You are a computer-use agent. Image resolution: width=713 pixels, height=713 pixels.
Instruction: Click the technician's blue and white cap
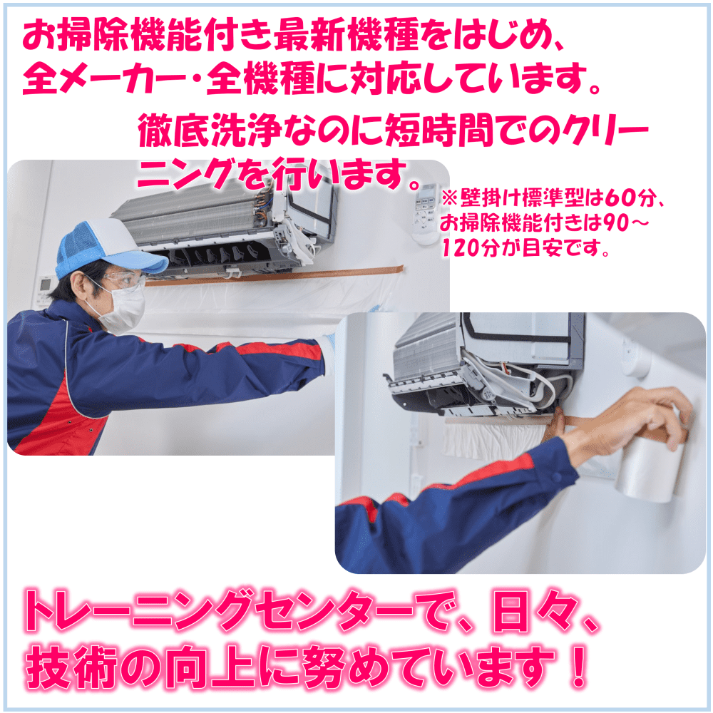(x=107, y=248)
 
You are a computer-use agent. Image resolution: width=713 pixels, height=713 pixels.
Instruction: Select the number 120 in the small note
(x=463, y=248)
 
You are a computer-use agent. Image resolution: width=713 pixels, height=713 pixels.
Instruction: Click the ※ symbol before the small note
(x=448, y=198)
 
